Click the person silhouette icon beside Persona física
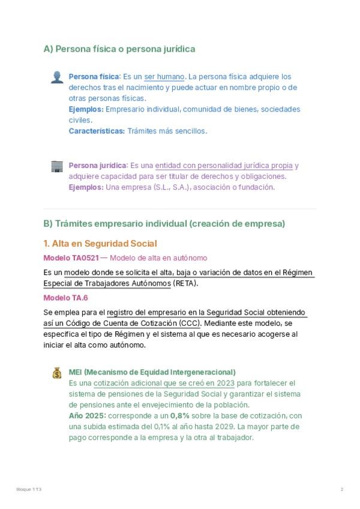(57, 76)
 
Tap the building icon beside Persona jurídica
(57, 166)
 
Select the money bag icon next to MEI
(57, 373)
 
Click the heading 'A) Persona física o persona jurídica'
(119, 49)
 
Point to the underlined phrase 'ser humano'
(164, 77)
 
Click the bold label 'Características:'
(97, 131)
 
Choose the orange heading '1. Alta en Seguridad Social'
(100, 243)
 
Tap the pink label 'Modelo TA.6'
(65, 298)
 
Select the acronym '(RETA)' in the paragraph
(185, 284)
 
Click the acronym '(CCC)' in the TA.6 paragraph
(191, 324)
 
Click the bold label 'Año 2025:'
(86, 415)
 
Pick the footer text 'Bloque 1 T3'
(29, 490)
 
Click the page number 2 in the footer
(341, 490)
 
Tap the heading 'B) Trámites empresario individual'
(164, 223)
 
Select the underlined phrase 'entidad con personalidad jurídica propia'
(224, 166)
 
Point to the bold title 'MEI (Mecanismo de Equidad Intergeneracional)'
(152, 372)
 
